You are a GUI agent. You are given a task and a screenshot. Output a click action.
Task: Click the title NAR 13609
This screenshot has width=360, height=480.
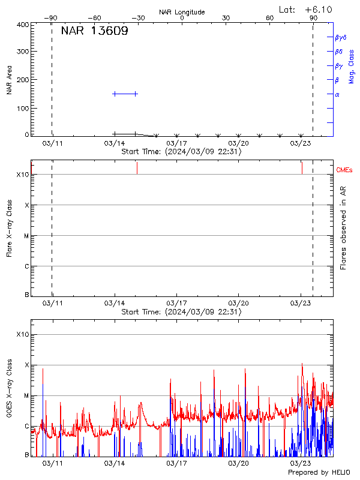pyautogui.click(x=94, y=32)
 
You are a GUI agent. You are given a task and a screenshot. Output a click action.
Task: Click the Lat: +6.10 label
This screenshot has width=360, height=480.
pyautogui.click(x=306, y=9)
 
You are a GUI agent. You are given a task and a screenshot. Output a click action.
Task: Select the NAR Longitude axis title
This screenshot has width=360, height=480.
pyautogui.click(x=182, y=12)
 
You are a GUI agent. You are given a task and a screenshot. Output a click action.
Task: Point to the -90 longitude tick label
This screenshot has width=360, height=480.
pyautogui.click(x=52, y=19)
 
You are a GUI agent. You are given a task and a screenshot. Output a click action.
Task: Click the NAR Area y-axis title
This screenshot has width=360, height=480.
pyautogui.click(x=10, y=80)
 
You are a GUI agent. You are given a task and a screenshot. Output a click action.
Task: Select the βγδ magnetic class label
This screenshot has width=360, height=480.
pyautogui.click(x=341, y=37)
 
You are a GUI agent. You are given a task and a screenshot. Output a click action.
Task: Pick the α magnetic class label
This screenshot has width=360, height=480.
pyautogui.click(x=337, y=94)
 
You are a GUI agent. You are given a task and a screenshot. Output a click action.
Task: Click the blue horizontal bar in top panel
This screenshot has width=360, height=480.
pyautogui.click(x=125, y=94)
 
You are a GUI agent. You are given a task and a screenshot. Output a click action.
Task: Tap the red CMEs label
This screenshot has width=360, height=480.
pyautogui.click(x=344, y=170)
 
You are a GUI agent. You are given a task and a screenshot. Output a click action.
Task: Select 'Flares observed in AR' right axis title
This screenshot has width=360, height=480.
pyautogui.click(x=343, y=228)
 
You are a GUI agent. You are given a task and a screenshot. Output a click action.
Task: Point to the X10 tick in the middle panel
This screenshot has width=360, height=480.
pyautogui.click(x=22, y=175)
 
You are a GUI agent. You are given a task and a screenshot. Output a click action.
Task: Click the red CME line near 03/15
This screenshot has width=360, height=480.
pyautogui.click(x=137, y=168)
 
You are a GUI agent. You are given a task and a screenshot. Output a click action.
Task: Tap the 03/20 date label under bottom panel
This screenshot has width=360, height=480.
pyautogui.click(x=238, y=464)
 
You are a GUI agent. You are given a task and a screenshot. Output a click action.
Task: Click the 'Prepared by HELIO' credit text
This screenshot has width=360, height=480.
pyautogui.click(x=319, y=473)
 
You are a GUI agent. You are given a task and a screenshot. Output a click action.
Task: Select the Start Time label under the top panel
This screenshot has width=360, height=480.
pyautogui.click(x=181, y=152)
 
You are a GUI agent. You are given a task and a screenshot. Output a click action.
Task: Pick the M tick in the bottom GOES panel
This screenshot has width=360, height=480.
pyautogui.click(x=26, y=395)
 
